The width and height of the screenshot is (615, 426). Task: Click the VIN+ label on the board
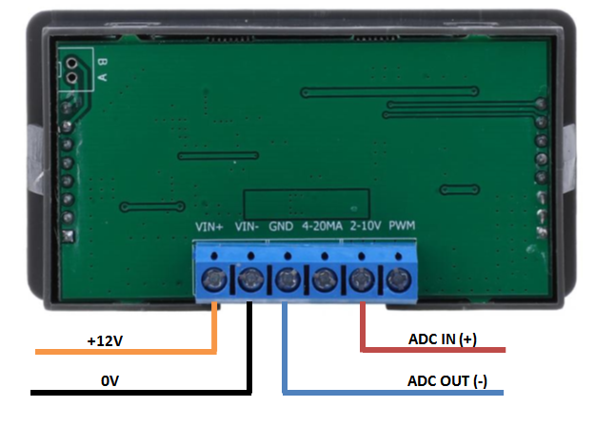click(209, 227)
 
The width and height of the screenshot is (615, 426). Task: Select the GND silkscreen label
click(281, 227)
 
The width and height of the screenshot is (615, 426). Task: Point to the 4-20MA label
click(321, 227)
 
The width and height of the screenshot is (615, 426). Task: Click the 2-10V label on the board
click(366, 227)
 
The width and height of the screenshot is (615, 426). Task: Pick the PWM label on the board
click(402, 227)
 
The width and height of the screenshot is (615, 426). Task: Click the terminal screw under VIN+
click(213, 280)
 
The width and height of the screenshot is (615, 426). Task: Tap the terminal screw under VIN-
click(250, 280)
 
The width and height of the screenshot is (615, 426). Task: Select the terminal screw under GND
click(287, 280)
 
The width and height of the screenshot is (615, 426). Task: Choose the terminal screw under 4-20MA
click(324, 280)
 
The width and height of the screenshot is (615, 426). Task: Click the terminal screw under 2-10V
click(361, 280)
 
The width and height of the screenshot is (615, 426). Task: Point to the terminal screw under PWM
click(397, 280)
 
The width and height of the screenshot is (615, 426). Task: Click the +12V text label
click(104, 339)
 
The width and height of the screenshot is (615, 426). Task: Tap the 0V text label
click(109, 379)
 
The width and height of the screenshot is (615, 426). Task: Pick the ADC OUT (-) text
click(446, 380)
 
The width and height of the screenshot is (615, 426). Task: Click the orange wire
click(124, 352)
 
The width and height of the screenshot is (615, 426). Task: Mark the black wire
click(143, 392)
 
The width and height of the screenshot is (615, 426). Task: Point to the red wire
click(428, 351)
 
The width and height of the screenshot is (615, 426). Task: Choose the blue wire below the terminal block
click(381, 392)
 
